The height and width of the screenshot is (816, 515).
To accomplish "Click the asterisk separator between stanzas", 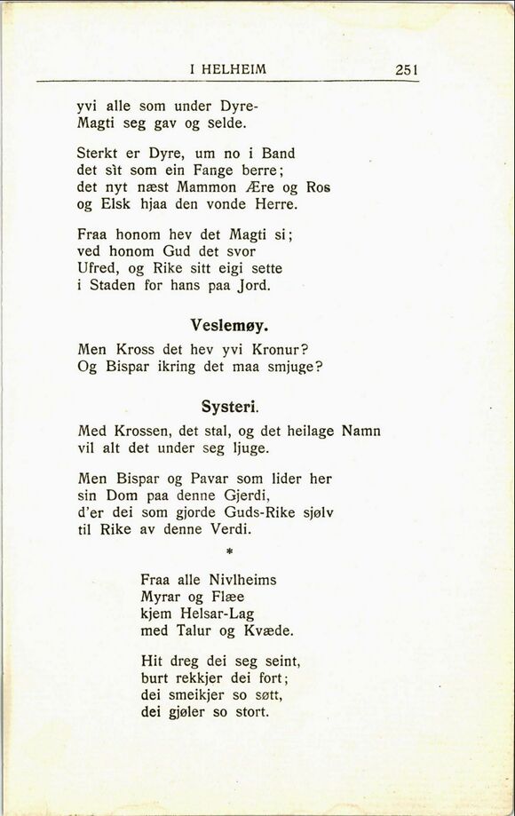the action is click(x=229, y=552).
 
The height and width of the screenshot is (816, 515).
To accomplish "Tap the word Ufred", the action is click(x=97, y=270).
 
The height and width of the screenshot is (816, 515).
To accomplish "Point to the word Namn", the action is click(x=360, y=431).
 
